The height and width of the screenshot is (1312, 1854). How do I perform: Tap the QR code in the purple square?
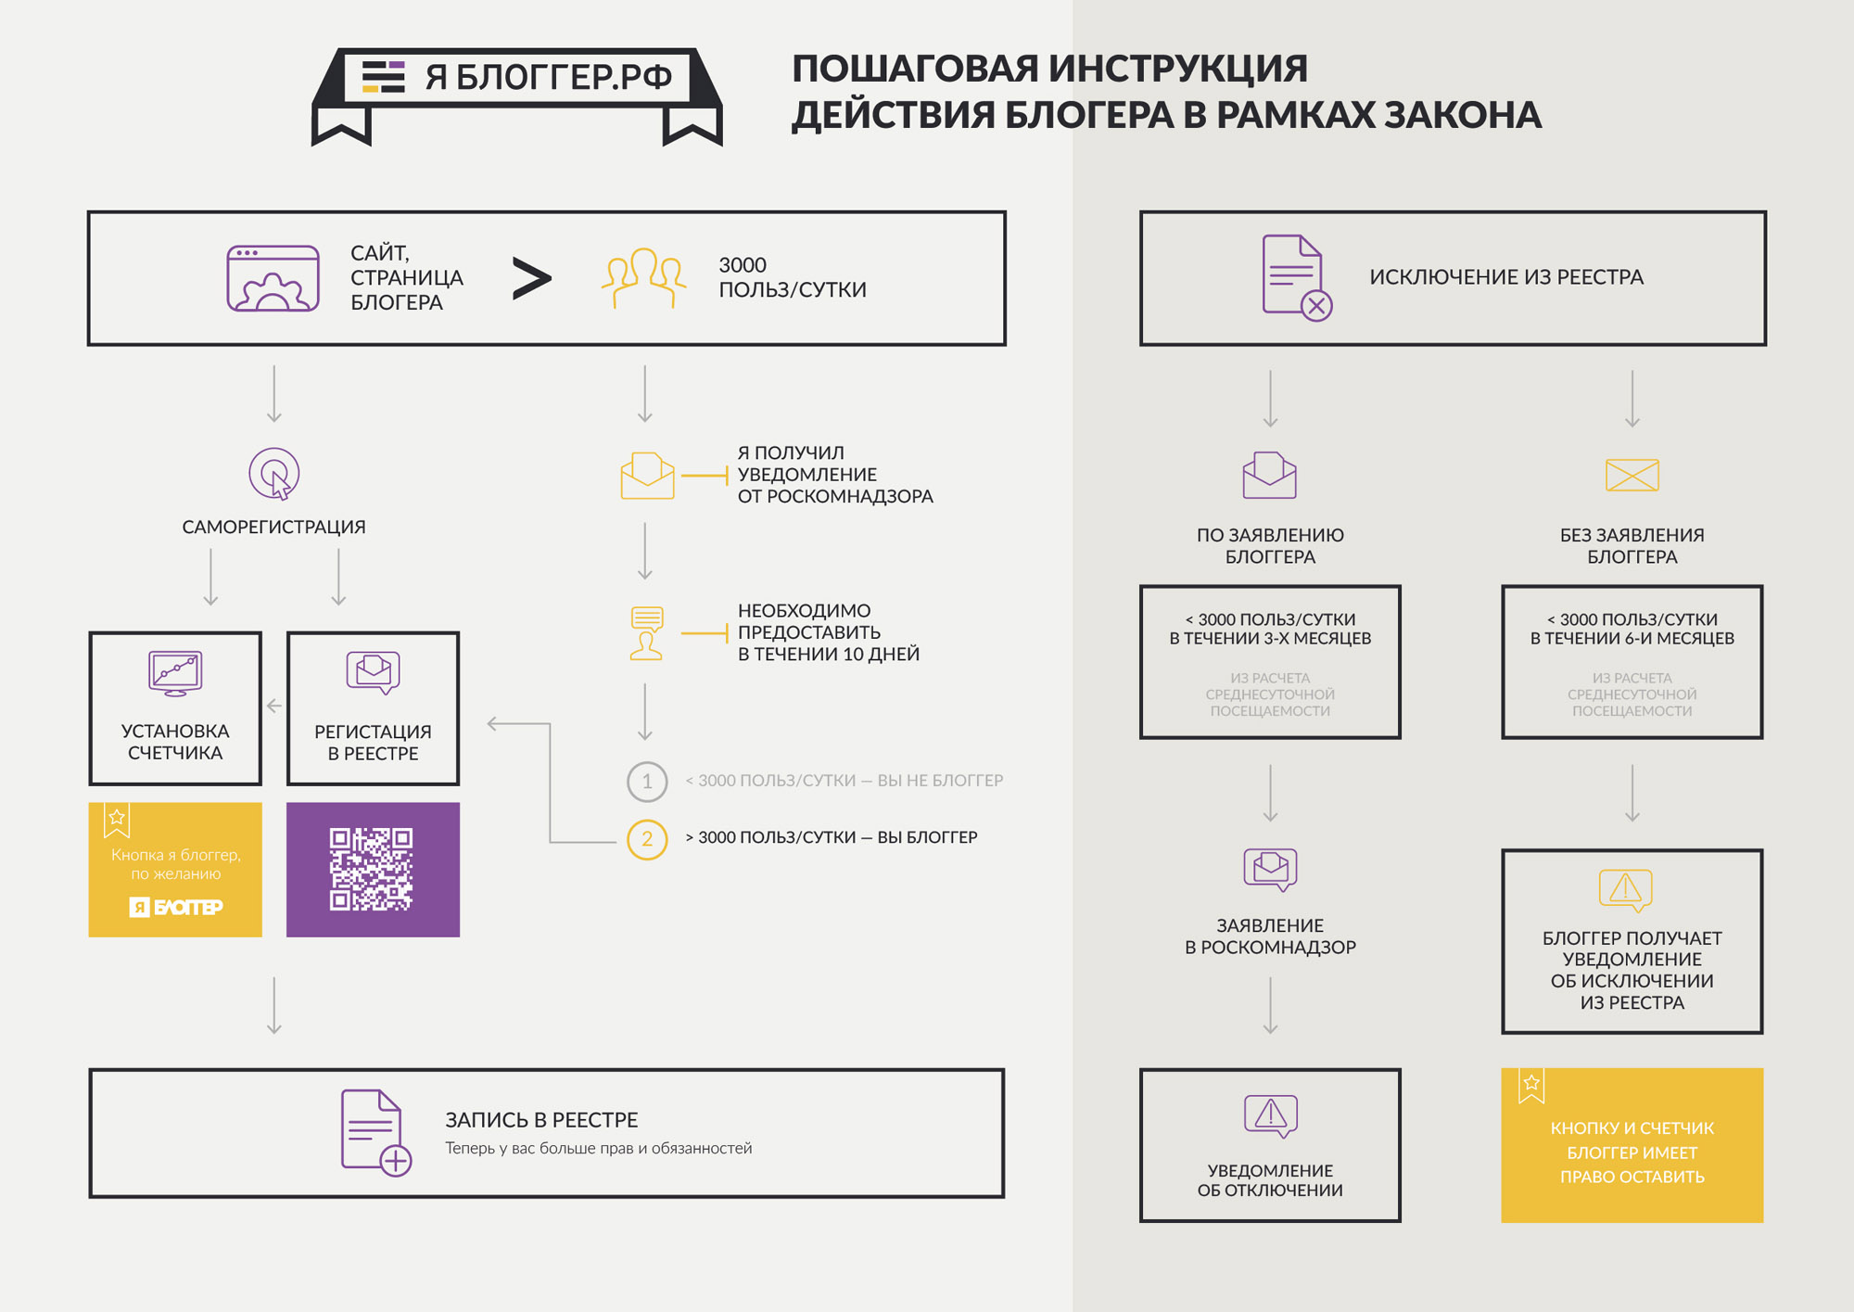(372, 869)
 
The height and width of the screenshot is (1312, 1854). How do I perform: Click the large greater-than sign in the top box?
(532, 279)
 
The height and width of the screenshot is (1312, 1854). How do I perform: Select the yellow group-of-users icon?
(644, 277)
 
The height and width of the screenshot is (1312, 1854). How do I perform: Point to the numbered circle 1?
(647, 782)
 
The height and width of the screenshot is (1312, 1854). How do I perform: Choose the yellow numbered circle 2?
(647, 839)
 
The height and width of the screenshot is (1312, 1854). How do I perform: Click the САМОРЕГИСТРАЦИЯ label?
(273, 527)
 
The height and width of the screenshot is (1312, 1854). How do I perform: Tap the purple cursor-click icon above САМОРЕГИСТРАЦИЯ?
(274, 474)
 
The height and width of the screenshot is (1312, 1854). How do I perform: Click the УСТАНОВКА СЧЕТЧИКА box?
(175, 708)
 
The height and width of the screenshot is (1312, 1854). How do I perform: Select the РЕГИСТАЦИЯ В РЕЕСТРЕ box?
(373, 708)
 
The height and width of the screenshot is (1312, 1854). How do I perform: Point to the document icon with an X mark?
(1296, 278)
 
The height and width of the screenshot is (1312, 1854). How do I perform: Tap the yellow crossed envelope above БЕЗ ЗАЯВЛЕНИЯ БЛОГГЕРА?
(1632, 475)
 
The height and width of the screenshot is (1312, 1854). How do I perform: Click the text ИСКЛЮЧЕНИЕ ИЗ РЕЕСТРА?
(1506, 277)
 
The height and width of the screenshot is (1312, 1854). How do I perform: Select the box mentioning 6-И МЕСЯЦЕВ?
(1632, 662)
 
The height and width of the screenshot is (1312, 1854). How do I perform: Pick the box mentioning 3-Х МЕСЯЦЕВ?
(1270, 662)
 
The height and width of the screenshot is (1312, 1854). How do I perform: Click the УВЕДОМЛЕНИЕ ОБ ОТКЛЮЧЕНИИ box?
(1270, 1145)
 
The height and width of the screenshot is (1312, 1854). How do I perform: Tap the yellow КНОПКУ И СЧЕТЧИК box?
(1632, 1145)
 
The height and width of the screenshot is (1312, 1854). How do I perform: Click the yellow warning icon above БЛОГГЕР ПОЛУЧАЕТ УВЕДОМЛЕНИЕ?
(1625, 889)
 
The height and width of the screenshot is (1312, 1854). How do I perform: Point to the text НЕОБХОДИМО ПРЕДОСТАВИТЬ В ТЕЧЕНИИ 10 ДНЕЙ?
(828, 632)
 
